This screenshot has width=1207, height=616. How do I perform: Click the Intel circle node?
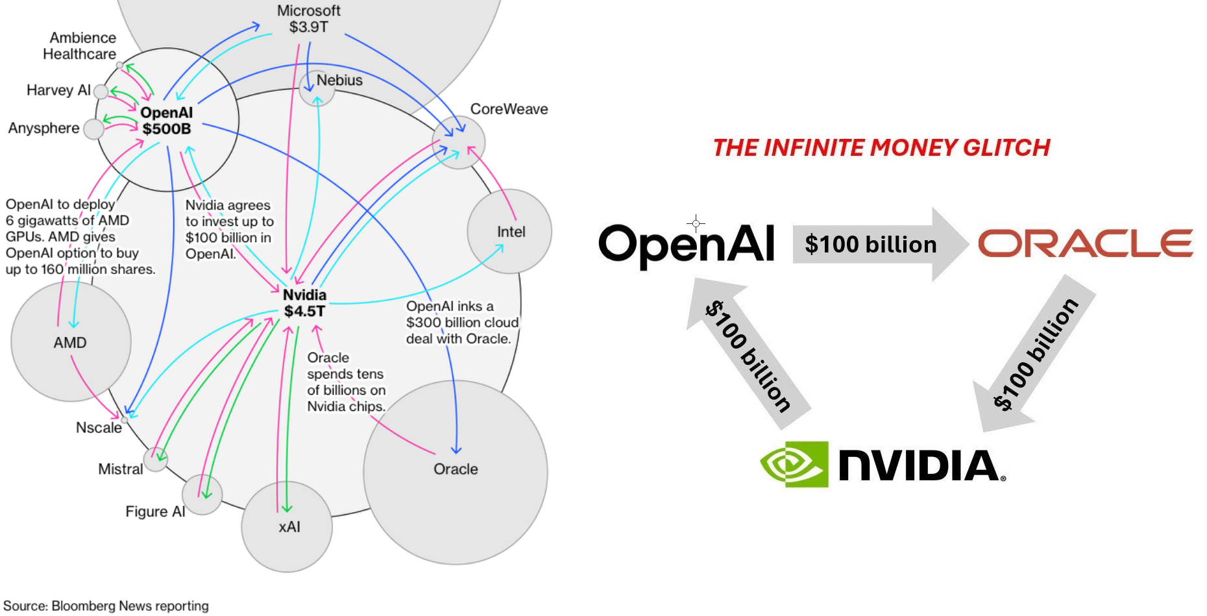click(509, 231)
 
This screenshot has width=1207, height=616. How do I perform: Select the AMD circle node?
click(71, 341)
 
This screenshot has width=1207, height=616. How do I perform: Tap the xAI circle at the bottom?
click(287, 526)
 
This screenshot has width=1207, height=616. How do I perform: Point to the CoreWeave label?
click(509, 109)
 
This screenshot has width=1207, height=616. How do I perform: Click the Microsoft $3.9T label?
click(308, 19)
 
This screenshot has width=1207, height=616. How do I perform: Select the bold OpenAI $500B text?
click(166, 121)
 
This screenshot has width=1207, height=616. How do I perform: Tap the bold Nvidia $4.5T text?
click(304, 303)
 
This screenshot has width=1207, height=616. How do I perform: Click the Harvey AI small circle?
click(101, 92)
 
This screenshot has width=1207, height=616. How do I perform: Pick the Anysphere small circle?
click(94, 129)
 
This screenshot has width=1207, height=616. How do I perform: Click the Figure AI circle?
click(202, 495)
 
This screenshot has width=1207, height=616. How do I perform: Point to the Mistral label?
click(120, 469)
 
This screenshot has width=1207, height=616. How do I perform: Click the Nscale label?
click(99, 428)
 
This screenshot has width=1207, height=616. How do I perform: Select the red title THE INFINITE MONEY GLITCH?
click(881, 148)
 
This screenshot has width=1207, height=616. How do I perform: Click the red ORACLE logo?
click(1085, 243)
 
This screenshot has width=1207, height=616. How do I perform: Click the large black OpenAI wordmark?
click(686, 245)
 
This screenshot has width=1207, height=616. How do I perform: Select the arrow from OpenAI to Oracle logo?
click(879, 245)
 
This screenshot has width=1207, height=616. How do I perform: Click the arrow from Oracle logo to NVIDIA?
click(1034, 354)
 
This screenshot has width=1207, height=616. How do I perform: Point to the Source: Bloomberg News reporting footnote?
click(106, 606)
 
